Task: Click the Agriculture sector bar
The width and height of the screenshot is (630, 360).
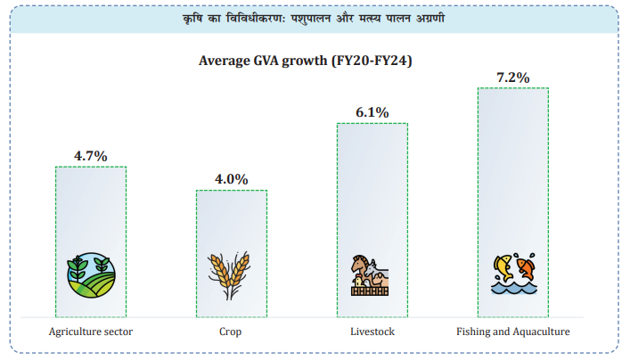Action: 91,214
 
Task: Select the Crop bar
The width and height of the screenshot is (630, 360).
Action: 231,232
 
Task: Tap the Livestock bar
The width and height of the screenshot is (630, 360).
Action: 372,196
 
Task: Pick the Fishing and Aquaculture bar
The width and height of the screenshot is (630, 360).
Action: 512,178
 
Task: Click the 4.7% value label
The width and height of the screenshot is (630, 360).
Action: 90,156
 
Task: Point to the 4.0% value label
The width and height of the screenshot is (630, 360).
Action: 231,179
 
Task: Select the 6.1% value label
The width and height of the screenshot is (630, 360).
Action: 372,112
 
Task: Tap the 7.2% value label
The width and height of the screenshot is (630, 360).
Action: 512,78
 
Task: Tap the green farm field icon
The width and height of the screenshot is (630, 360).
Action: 91,275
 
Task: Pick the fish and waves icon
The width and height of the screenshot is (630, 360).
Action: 512,275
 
